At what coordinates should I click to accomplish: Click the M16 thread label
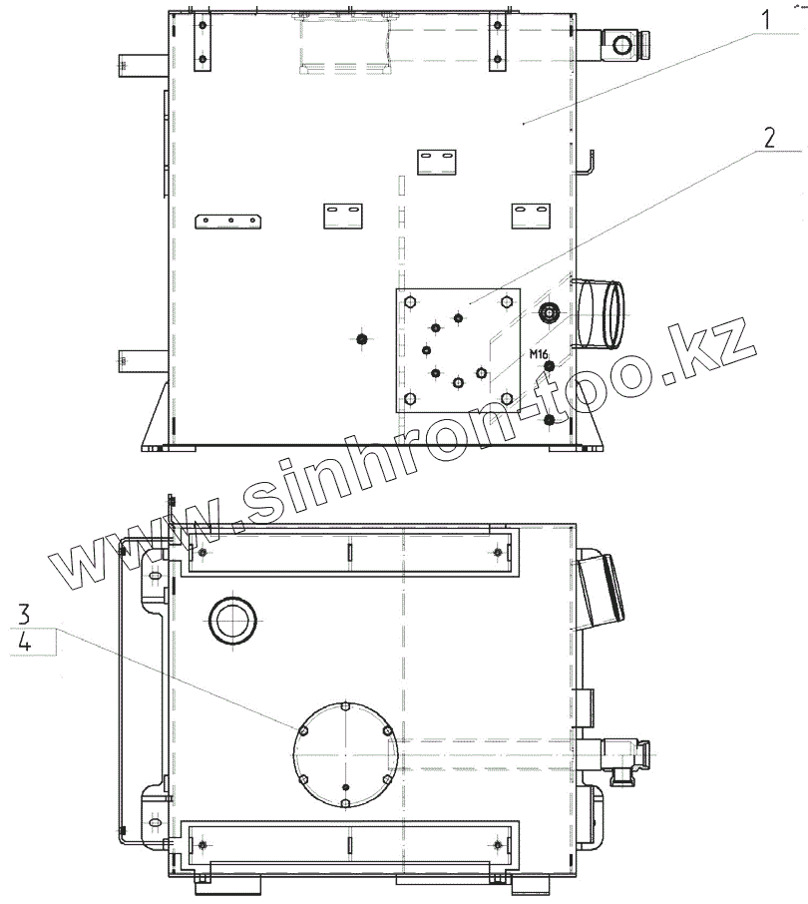coord(539,355)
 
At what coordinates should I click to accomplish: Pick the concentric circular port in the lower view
coord(230,622)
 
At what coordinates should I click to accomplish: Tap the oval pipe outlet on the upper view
coord(603,314)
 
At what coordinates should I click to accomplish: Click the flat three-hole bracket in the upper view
coord(228,222)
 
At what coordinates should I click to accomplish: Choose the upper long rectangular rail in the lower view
coord(348,553)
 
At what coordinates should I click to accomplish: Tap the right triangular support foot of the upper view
coord(589,419)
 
